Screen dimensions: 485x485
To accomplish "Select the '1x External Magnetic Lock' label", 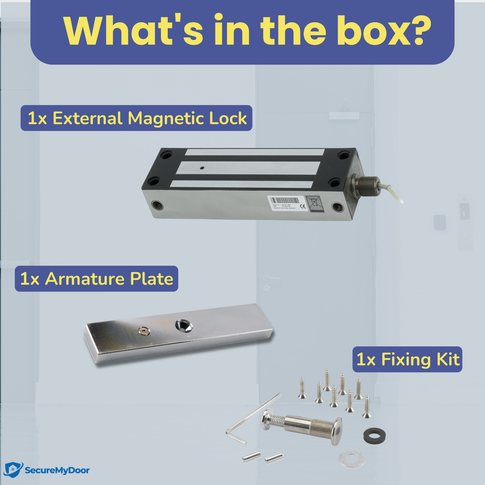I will [137, 118].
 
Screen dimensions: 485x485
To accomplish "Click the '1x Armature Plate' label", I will [97, 279].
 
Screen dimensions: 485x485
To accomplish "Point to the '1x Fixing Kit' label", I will [407, 359].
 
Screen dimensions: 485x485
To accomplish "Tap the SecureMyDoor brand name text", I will [57, 470].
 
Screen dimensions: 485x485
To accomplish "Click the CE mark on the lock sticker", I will [303, 206].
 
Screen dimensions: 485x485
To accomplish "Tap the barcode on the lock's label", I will [285, 200].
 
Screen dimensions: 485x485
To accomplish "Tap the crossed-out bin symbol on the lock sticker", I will [314, 202].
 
